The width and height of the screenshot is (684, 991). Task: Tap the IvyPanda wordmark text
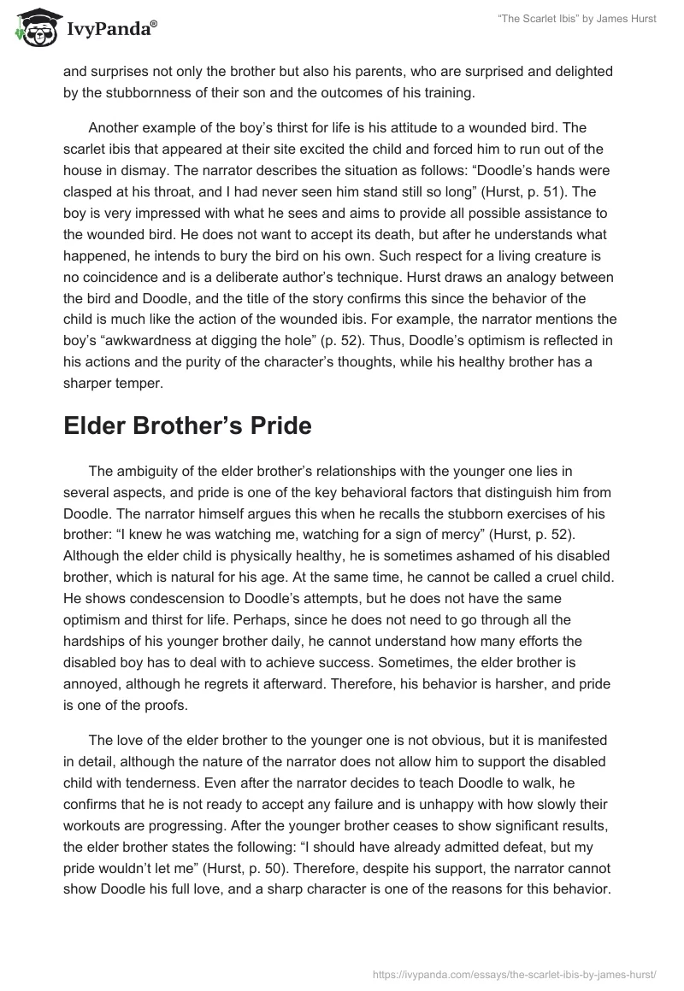(x=110, y=29)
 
